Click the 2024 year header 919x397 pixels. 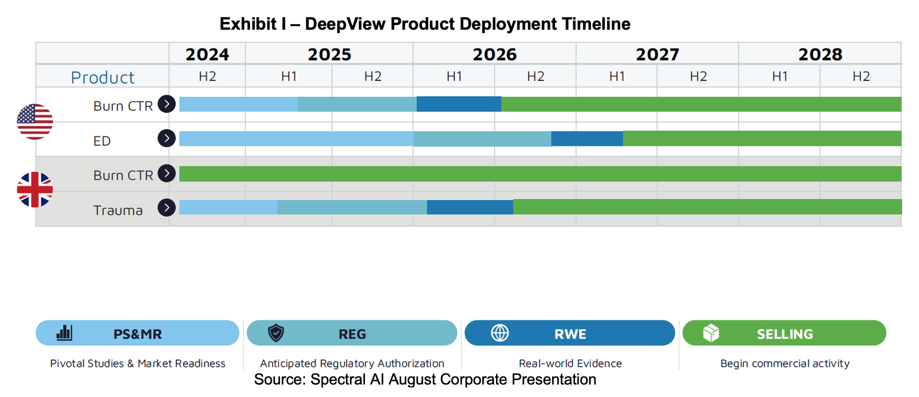click(x=207, y=54)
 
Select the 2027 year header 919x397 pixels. click(x=657, y=54)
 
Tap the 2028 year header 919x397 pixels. click(x=820, y=54)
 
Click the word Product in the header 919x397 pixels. click(x=102, y=77)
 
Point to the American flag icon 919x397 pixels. click(x=35, y=122)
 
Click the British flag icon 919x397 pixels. click(x=35, y=189)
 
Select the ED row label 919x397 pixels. click(x=102, y=141)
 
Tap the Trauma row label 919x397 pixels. click(x=118, y=210)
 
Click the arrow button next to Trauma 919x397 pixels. click(x=166, y=208)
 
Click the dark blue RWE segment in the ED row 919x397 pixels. click(x=587, y=139)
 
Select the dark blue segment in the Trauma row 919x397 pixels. click(x=470, y=207)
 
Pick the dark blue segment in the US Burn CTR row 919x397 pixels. click(x=459, y=104)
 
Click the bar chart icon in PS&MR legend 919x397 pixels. click(x=64, y=333)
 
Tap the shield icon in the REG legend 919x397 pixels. click(x=276, y=333)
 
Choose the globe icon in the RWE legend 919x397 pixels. click(x=499, y=333)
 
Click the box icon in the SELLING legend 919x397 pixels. click(x=711, y=333)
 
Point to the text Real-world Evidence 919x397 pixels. click(x=570, y=363)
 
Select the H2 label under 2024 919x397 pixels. click(x=207, y=76)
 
